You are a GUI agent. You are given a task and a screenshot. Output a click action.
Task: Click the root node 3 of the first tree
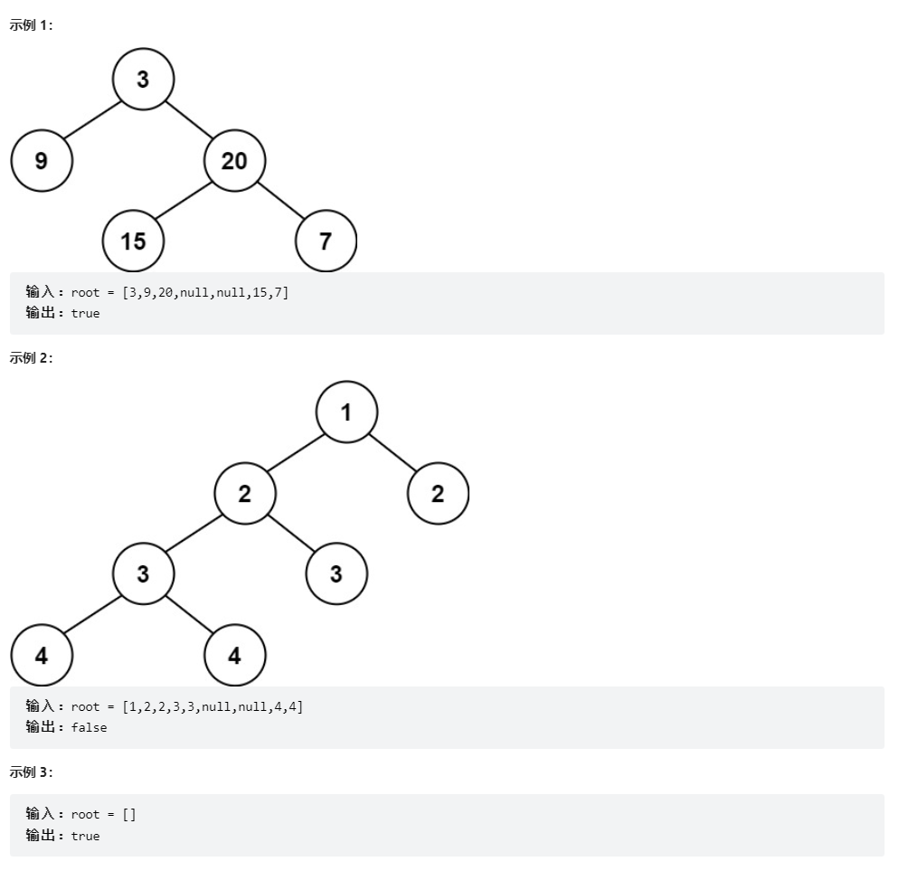tap(143, 80)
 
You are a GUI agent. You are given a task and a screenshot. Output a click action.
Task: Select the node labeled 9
tap(42, 161)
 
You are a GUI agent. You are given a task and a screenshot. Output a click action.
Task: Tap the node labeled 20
tap(234, 161)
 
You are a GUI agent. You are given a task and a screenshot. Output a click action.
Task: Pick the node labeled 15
tap(133, 241)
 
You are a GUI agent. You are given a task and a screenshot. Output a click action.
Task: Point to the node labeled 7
tap(326, 241)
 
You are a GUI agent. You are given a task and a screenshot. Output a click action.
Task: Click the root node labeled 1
tap(346, 412)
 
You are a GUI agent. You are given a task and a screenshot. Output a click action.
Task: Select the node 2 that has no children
tap(438, 494)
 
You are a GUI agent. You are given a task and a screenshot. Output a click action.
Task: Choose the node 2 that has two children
tap(245, 494)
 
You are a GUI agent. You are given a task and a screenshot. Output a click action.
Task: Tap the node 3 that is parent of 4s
tap(143, 573)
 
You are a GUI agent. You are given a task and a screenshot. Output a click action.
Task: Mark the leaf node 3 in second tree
tap(336, 573)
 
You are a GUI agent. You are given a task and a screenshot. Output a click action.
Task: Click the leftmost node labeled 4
tap(42, 656)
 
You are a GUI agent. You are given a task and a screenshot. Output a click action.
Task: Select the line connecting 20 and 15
tap(184, 201)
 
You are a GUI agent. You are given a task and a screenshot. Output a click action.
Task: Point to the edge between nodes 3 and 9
tap(92, 120)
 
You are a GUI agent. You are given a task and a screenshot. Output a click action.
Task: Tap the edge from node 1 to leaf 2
tap(393, 453)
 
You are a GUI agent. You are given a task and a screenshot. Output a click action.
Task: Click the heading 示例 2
tap(32, 357)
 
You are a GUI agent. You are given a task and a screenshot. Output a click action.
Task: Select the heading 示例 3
tap(32, 772)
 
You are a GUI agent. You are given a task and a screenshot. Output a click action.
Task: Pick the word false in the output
tap(89, 727)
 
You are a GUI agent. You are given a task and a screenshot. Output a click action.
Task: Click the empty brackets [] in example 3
tap(128, 814)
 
